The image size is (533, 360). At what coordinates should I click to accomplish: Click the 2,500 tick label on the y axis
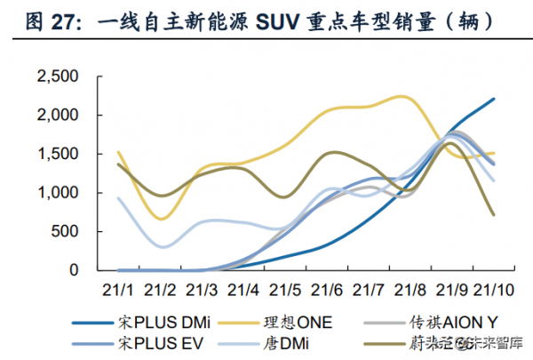58,77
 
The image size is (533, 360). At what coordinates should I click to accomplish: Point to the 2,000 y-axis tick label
58,116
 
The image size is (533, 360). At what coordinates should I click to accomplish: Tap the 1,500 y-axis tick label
58,154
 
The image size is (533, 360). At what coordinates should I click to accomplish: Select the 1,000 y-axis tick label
58,193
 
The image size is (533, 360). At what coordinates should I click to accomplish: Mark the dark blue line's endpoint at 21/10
494,99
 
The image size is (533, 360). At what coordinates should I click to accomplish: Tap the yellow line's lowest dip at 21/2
160,219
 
